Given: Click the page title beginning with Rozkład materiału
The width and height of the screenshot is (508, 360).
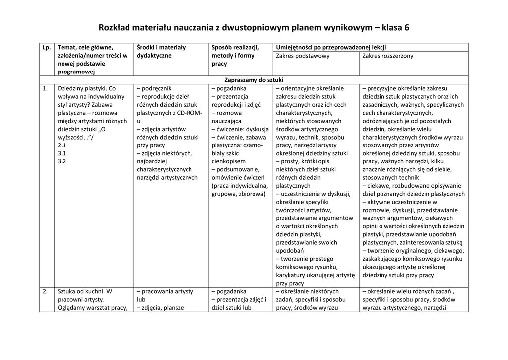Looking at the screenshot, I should coord(254,27).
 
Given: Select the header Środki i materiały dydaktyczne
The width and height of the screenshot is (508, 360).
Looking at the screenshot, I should coord(161,52).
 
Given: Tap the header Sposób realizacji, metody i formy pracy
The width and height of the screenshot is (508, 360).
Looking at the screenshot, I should coord(236,56).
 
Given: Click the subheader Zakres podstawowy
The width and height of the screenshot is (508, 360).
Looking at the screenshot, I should coord(303,56).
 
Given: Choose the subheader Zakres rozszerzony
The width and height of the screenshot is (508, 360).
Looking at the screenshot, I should coord(387,56).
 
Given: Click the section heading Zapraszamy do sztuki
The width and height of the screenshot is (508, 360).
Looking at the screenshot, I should coord(254,80).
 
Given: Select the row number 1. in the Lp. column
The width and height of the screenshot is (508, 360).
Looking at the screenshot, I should coord(45,88).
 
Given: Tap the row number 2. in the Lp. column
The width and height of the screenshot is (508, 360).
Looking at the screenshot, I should coord(45,291).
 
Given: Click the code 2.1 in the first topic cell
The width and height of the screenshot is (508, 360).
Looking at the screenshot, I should coord(62,145).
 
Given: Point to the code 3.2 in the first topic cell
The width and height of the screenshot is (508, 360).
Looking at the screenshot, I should coord(62,161).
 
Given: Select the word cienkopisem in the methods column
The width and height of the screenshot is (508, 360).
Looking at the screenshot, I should coord(228,161).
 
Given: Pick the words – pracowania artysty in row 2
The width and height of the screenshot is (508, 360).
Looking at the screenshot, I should coord(165,291).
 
